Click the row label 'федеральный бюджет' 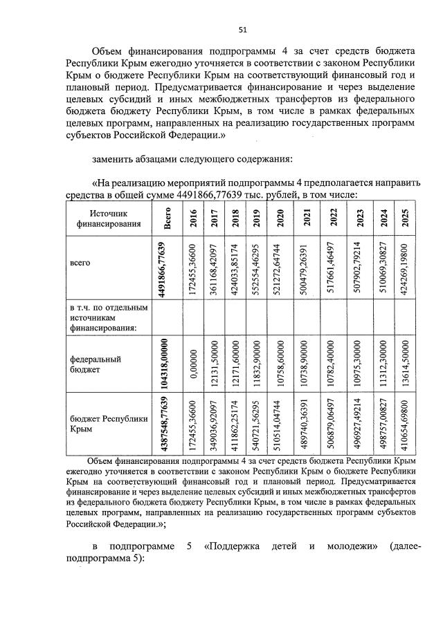pyautogui.click(x=87, y=364)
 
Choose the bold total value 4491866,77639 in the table pyautogui.click(x=163, y=269)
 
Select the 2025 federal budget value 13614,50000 pyautogui.click(x=406, y=364)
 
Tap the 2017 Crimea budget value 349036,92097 pyautogui.click(x=215, y=424)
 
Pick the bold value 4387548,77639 pyautogui.click(x=164, y=424)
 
